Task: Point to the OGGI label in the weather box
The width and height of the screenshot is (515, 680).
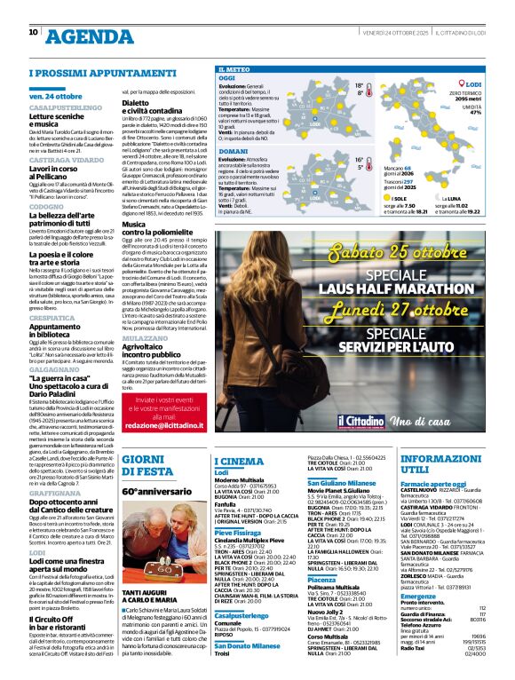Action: tap(227, 78)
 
